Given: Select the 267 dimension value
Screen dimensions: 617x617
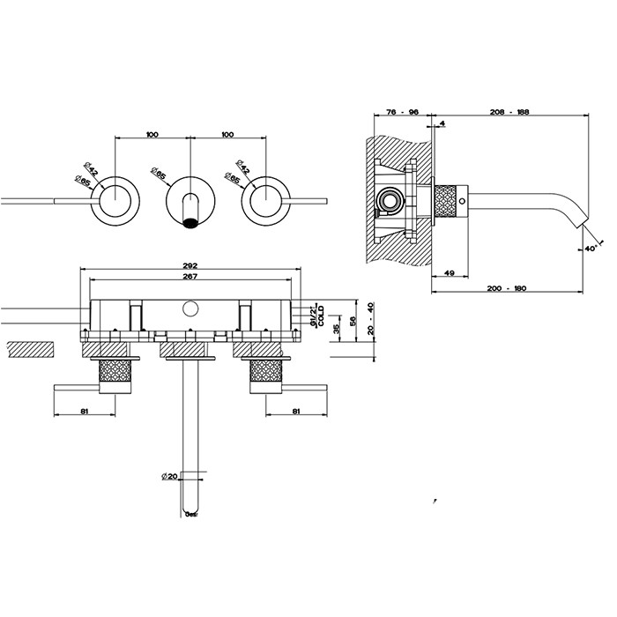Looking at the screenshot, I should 190,277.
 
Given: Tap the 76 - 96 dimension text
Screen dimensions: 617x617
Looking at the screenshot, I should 402,112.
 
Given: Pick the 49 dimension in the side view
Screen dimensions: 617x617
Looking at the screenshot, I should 449,273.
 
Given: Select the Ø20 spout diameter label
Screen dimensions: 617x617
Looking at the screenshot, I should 170,477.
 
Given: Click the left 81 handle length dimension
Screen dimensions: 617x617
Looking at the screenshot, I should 85,410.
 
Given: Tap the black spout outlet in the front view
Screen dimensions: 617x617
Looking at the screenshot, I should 190,221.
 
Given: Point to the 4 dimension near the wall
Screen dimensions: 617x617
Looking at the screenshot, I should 442,123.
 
